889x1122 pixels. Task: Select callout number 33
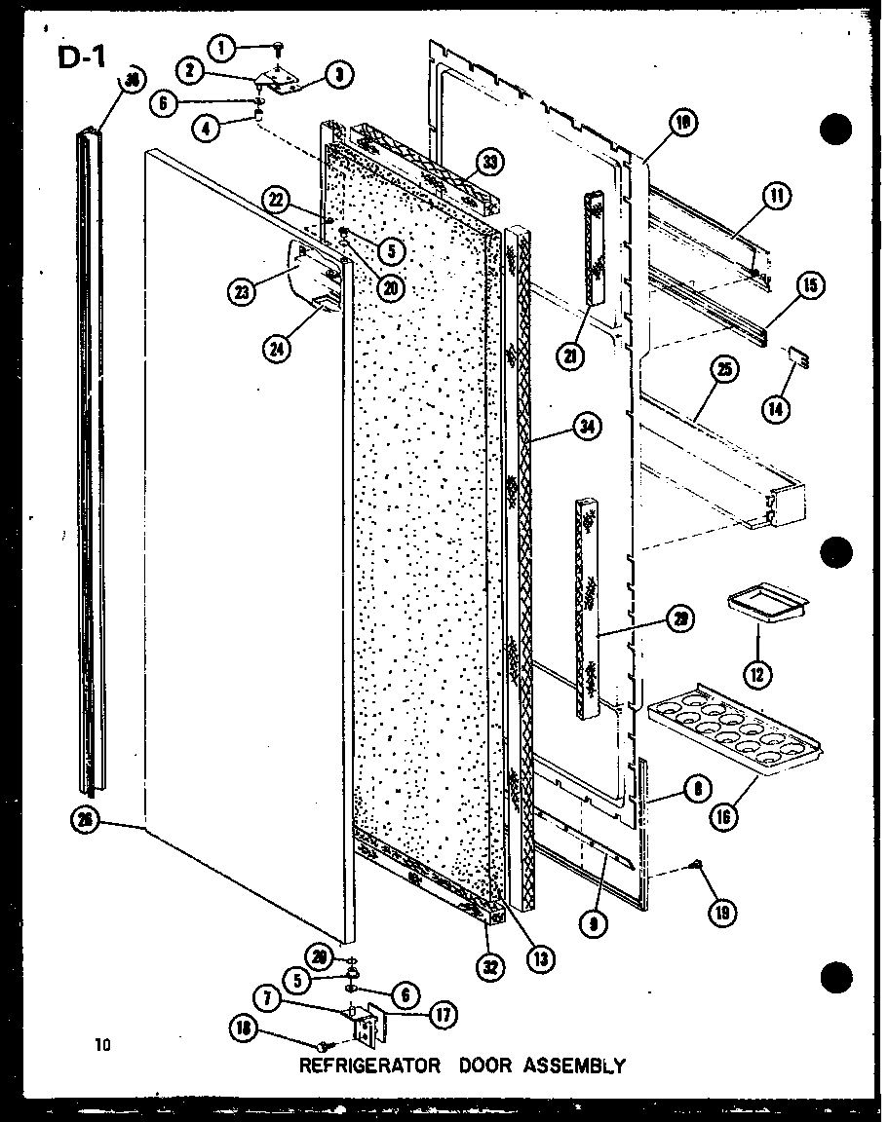488,163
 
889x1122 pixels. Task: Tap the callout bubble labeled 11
777,196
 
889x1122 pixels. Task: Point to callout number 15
810,286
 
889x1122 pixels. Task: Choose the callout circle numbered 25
724,371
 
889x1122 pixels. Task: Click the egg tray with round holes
733,730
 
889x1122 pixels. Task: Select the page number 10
103,1047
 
